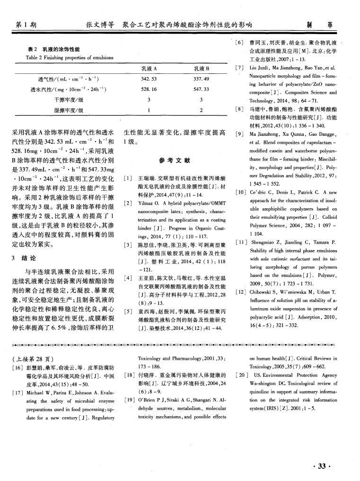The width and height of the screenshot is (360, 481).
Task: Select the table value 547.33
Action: [x=202, y=89]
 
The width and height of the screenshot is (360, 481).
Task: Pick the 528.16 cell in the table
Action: [x=149, y=89]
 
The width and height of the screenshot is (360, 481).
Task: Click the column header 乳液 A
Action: [x=149, y=69]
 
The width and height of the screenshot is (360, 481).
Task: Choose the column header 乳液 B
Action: [x=202, y=69]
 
